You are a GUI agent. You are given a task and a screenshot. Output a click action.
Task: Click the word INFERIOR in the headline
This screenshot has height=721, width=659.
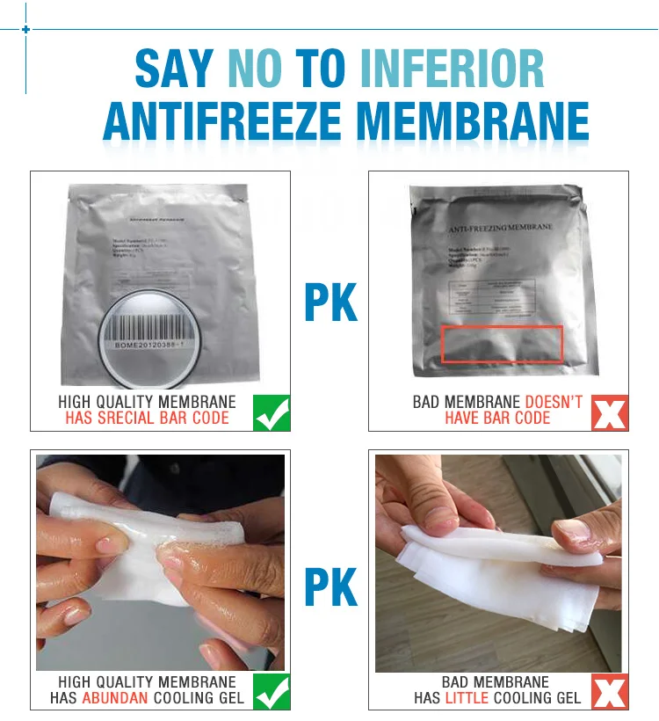click(453, 70)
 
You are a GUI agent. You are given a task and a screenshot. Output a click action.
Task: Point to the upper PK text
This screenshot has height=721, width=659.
click(330, 302)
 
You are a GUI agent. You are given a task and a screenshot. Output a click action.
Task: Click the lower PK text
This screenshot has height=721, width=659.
click(330, 586)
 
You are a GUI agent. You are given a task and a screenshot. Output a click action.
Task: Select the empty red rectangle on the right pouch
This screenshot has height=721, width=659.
click(502, 344)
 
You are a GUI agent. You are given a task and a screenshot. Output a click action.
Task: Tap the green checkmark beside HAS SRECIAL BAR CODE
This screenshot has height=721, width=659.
click(272, 412)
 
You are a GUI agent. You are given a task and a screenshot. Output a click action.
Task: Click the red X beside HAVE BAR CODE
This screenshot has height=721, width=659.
click(609, 412)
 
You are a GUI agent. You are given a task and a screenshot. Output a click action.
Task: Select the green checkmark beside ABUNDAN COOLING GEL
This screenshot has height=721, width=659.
click(272, 690)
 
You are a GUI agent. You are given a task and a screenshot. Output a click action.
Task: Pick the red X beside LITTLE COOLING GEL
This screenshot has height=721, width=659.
click(609, 690)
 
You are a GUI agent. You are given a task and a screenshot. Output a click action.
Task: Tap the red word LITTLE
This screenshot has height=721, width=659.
click(467, 698)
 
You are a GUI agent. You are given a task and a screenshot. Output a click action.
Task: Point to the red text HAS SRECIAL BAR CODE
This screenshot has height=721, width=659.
click(147, 419)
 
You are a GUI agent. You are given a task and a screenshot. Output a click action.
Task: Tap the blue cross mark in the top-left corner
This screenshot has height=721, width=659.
click(25, 30)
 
